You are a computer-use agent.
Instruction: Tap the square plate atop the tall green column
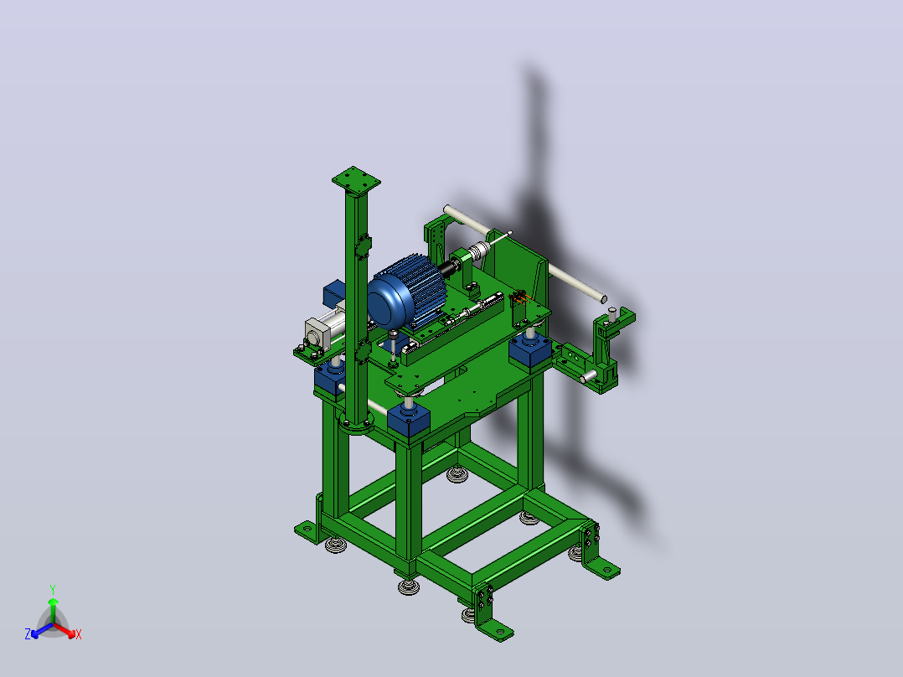356,179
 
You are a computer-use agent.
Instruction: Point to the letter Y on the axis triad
53,589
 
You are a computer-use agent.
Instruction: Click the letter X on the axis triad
79,634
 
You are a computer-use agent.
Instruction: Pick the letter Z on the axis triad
28,634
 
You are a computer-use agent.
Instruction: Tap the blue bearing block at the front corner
409,421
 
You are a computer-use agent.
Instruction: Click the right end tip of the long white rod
603,299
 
